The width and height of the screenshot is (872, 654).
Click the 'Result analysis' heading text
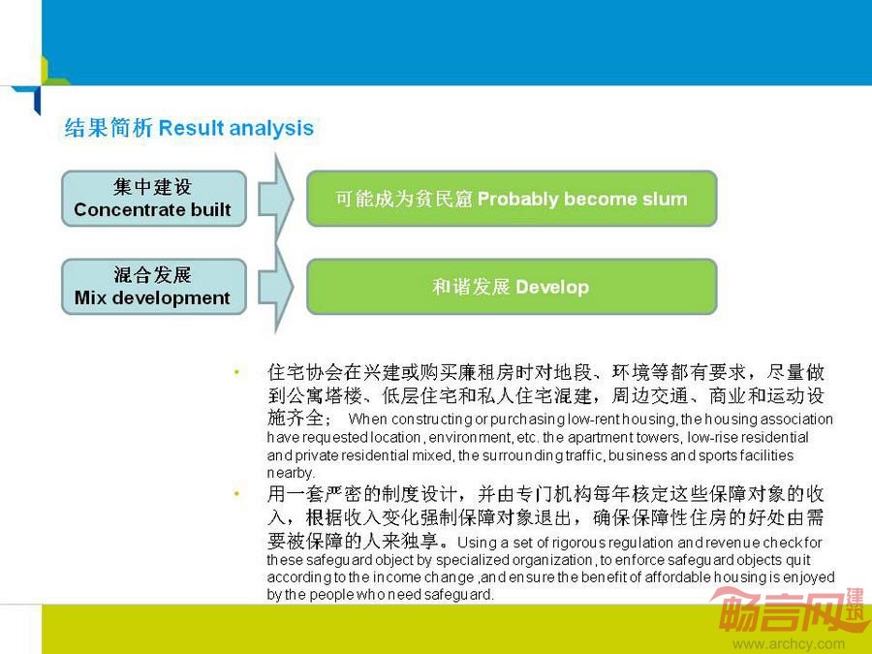coord(235,128)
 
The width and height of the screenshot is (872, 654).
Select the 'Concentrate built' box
coord(154,199)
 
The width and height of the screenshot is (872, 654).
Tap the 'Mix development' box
coord(154,287)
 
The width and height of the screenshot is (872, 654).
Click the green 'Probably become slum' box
coord(512,199)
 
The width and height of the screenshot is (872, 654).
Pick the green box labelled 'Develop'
coord(512,287)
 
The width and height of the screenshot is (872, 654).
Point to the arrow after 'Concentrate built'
coord(276,199)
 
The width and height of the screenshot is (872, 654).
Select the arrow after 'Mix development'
coord(276,287)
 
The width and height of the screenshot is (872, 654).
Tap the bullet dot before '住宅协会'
coord(237,371)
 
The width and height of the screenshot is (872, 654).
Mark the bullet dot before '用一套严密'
coord(237,493)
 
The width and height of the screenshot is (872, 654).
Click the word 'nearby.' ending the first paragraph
coord(291,473)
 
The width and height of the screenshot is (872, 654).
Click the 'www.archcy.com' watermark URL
coord(789,644)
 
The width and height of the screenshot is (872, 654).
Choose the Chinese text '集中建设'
coord(152,187)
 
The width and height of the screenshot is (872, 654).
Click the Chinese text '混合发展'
coord(152,275)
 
